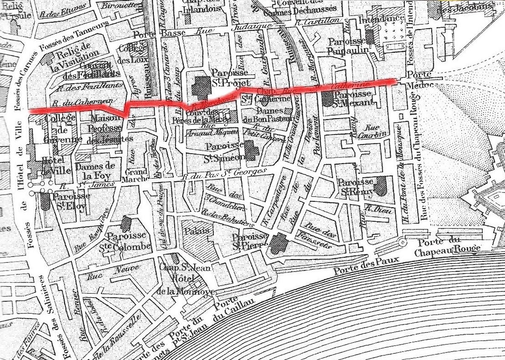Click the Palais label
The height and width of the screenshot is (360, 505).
coord(197,231)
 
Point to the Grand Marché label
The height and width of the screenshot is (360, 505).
coord(136,176)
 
